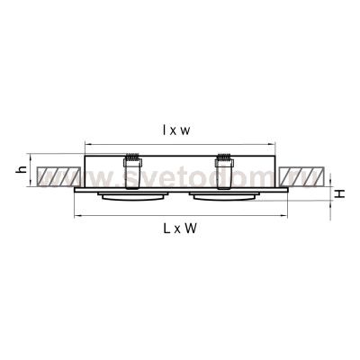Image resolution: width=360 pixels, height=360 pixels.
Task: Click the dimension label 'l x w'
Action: click(x=176, y=130)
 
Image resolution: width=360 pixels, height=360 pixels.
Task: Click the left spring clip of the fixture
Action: click(x=132, y=166)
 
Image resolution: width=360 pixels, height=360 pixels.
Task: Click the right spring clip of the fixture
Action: click(x=224, y=166)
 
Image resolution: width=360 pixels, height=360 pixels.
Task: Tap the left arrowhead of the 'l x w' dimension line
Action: click(x=86, y=144)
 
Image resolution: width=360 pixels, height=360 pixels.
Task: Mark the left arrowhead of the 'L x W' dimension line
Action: click(x=74, y=216)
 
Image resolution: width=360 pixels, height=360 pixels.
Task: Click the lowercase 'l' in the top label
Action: click(x=166, y=130)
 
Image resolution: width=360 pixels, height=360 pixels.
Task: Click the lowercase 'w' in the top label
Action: click(x=186, y=131)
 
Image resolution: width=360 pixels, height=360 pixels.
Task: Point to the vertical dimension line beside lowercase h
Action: click(x=33, y=171)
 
